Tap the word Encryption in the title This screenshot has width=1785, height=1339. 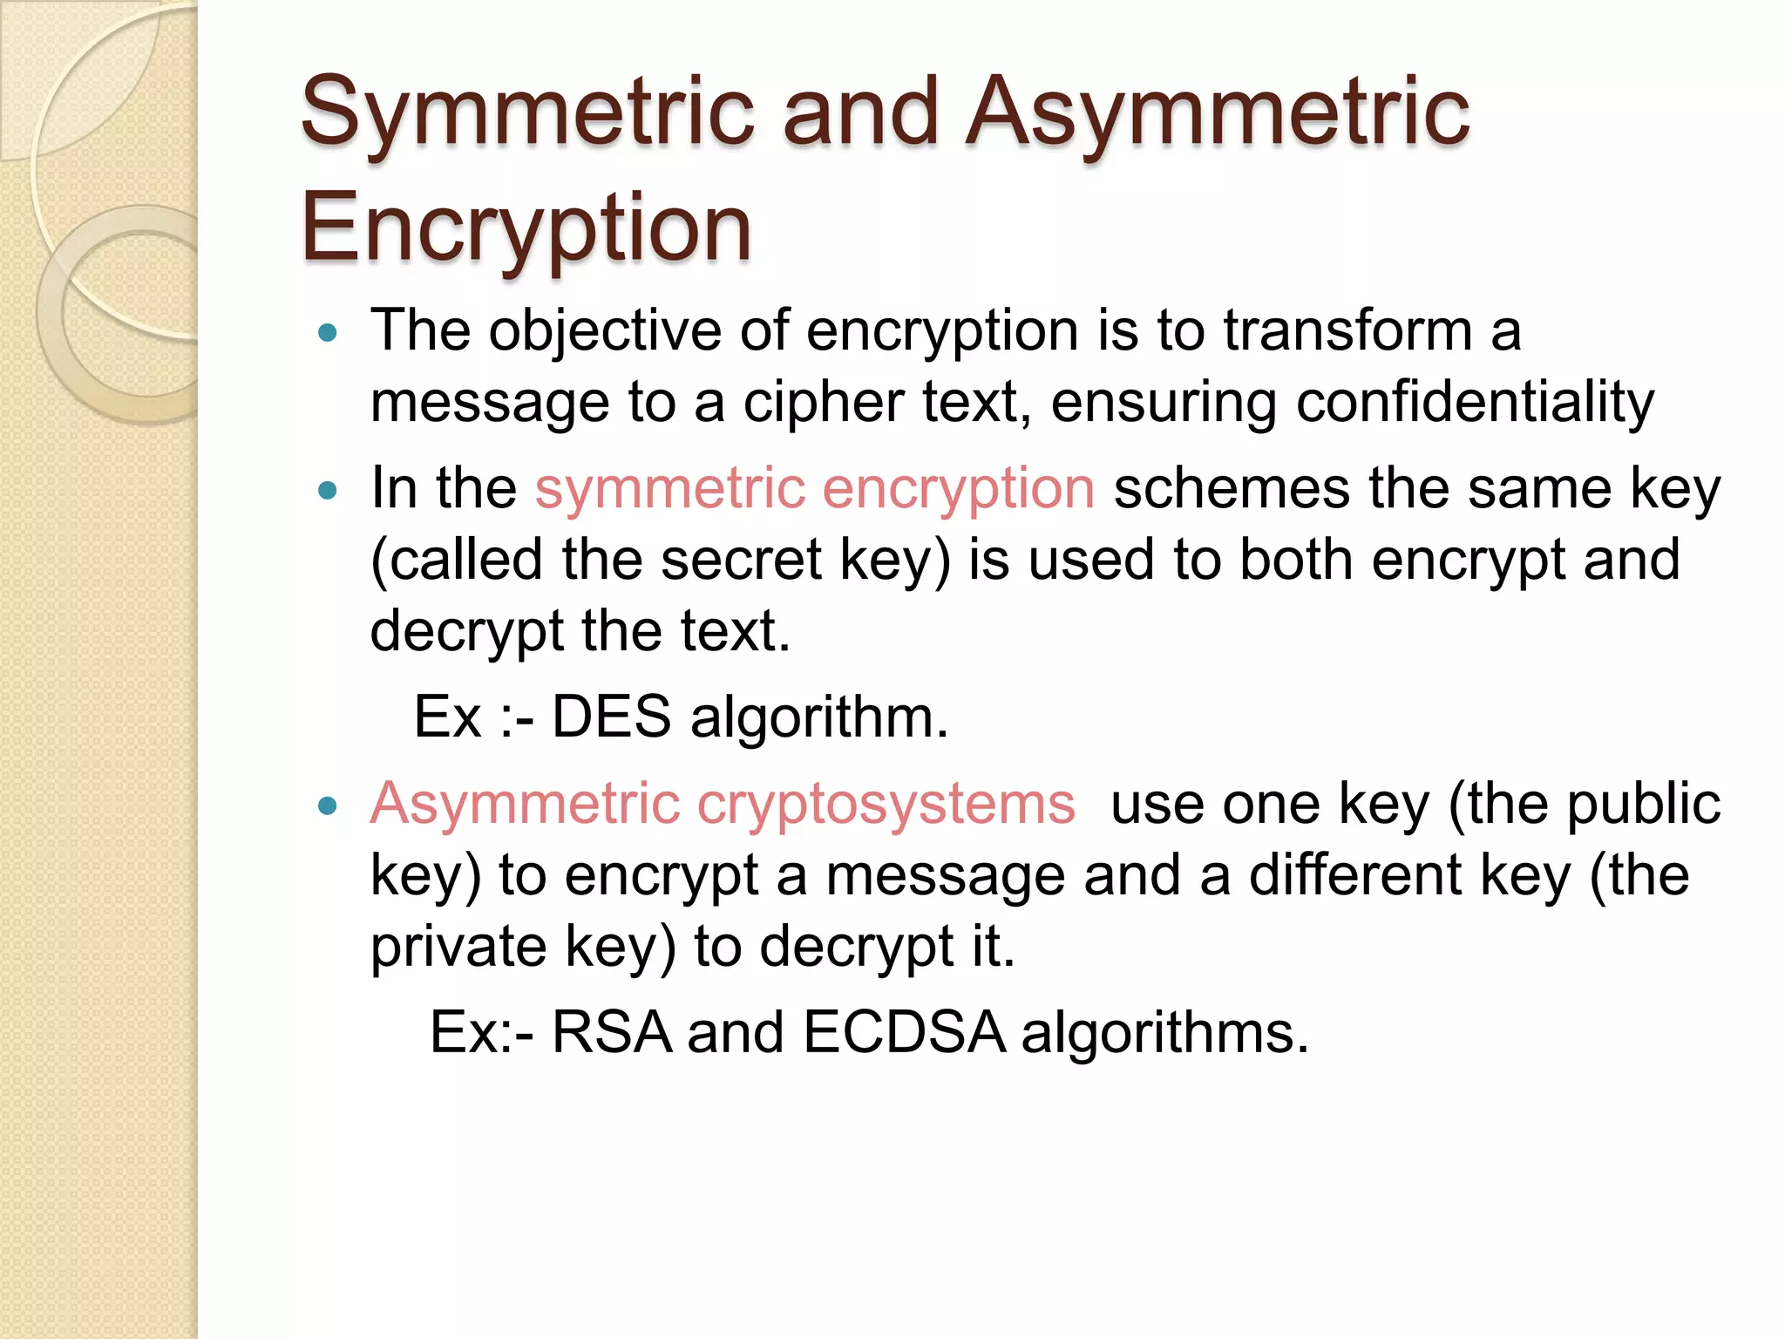(x=526, y=228)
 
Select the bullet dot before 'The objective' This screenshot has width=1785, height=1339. (x=328, y=333)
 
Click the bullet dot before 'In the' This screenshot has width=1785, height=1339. (x=328, y=491)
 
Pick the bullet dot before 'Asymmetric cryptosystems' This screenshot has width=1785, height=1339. (x=328, y=806)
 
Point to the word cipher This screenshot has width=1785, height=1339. (x=823, y=404)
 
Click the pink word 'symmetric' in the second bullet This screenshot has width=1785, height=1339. (x=669, y=489)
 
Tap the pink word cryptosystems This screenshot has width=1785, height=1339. (x=886, y=804)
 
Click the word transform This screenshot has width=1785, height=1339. (x=1347, y=332)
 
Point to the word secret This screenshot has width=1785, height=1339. (x=741, y=561)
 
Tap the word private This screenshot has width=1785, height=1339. (x=458, y=948)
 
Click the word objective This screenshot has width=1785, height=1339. (x=605, y=332)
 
